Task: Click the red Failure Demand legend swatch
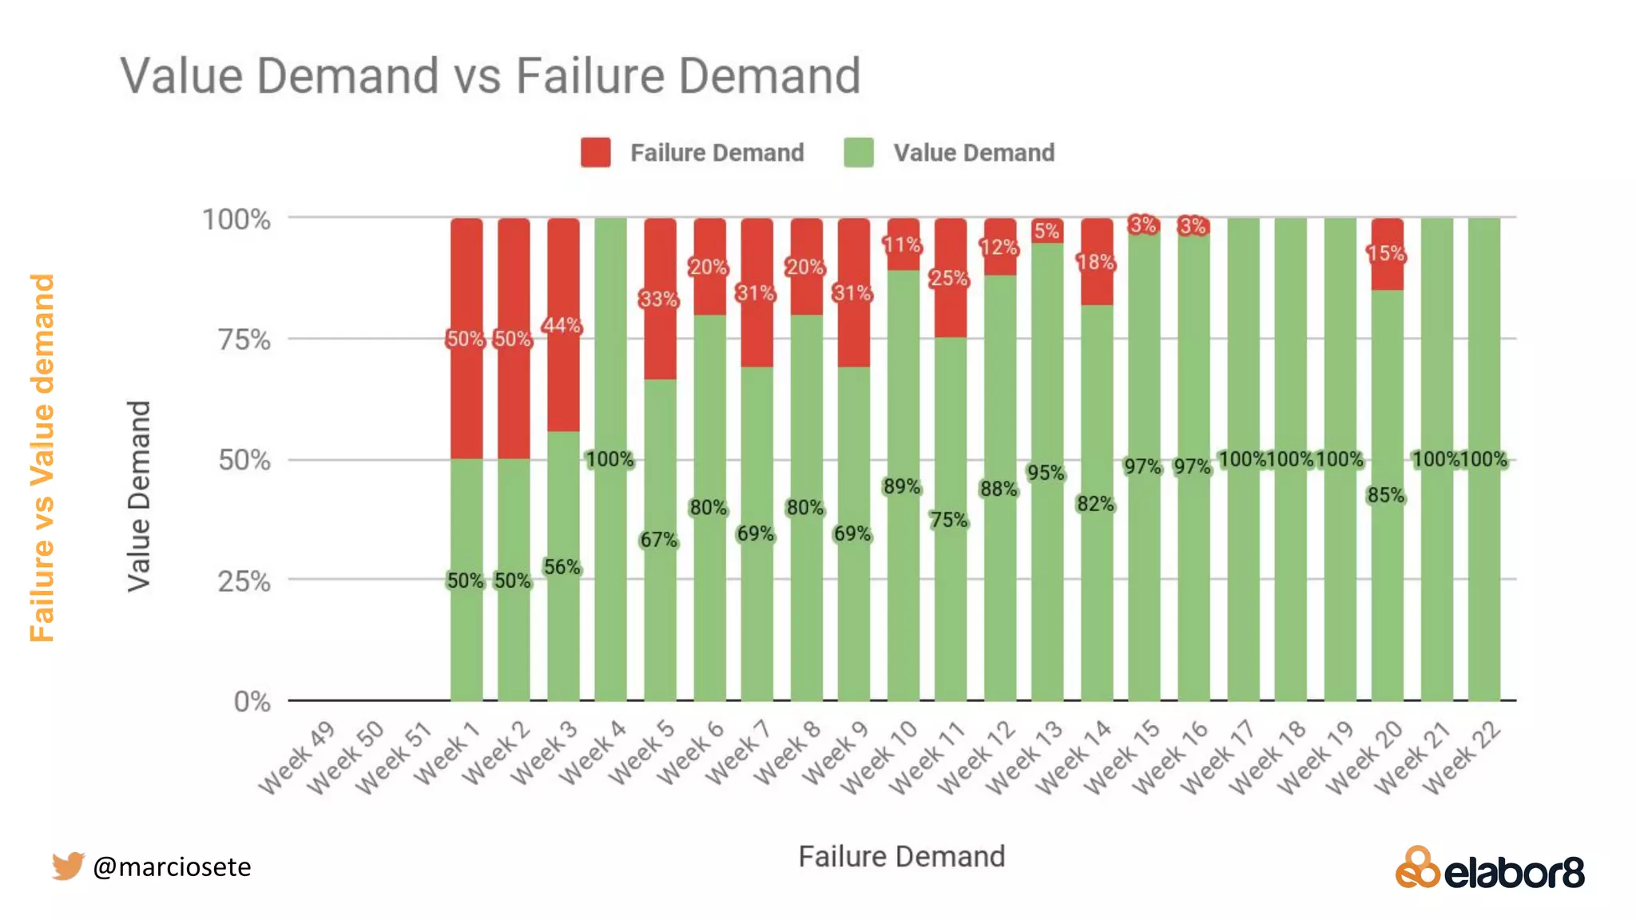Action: (x=595, y=153)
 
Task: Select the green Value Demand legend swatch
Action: (x=858, y=153)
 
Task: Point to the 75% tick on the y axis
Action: (x=244, y=340)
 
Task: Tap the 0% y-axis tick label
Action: (x=252, y=702)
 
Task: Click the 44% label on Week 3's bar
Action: (x=562, y=326)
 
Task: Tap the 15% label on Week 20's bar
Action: (x=1385, y=254)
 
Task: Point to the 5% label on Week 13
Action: (x=1046, y=232)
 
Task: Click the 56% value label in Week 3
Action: (x=562, y=568)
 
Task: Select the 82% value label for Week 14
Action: (x=1094, y=504)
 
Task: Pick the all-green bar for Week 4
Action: (x=610, y=559)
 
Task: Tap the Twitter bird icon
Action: (x=68, y=866)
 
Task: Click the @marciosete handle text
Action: (x=172, y=866)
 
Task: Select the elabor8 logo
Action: (x=1490, y=869)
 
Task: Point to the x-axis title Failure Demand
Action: (x=901, y=857)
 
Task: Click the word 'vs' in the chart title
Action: (x=478, y=77)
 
